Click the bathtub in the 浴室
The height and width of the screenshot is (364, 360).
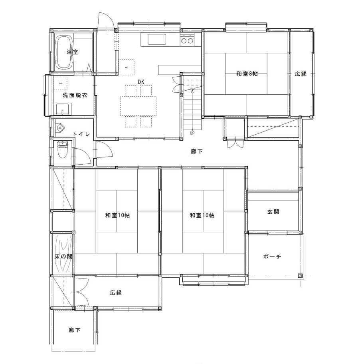[63, 52]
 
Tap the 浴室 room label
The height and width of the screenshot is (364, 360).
[72, 52]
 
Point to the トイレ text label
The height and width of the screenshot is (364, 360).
[81, 134]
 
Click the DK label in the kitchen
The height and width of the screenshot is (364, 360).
[141, 82]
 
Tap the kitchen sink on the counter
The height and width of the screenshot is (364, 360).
[157, 40]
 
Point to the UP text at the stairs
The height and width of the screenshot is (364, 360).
[192, 133]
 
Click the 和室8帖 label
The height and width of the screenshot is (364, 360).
[246, 74]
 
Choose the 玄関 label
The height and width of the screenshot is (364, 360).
[273, 212]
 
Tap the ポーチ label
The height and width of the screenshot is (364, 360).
[273, 257]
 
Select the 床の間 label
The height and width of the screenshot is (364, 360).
[63, 257]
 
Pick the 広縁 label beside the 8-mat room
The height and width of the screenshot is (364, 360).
[301, 74]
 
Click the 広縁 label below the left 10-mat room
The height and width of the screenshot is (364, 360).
[116, 292]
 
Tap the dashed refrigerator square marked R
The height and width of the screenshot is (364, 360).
[127, 67]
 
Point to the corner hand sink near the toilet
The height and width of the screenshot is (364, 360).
[60, 128]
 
